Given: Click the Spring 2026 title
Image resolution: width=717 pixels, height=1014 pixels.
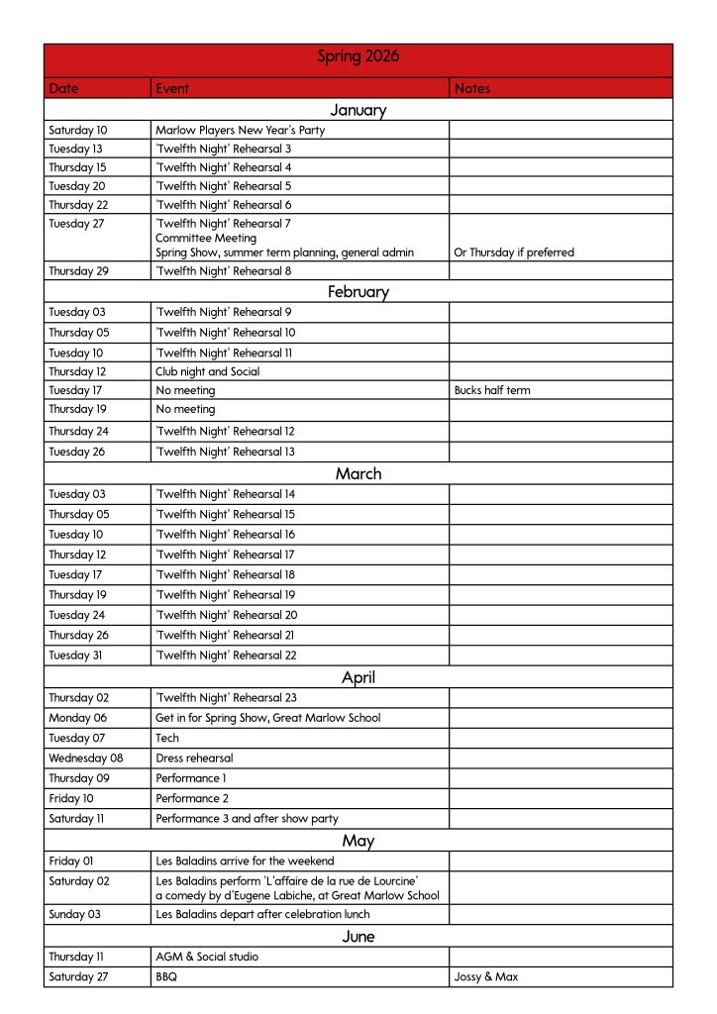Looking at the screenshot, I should pyautogui.click(x=358, y=57).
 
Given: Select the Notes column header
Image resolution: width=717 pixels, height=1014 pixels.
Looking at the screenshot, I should pyautogui.click(x=472, y=88).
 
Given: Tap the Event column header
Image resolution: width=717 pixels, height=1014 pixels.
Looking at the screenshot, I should pyautogui.click(x=171, y=88).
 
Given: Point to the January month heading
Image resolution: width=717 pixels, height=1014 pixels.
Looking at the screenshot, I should pyautogui.click(x=358, y=110).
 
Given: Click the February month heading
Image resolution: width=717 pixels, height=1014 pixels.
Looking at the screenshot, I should pyautogui.click(x=358, y=291).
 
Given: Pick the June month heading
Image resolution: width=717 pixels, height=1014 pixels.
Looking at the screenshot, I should pyautogui.click(x=358, y=936).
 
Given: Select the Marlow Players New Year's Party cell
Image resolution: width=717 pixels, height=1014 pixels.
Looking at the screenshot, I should pyautogui.click(x=240, y=130).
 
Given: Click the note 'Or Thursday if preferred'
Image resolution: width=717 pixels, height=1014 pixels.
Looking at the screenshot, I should pyautogui.click(x=513, y=253).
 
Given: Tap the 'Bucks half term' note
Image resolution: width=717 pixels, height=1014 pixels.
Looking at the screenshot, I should pyautogui.click(x=491, y=390).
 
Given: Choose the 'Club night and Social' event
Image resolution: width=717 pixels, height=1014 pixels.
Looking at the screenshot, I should pyautogui.click(x=207, y=371).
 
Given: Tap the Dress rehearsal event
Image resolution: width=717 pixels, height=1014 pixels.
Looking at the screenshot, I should pyautogui.click(x=194, y=759).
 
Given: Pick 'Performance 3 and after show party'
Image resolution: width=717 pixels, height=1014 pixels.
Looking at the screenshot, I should pyautogui.click(x=247, y=819).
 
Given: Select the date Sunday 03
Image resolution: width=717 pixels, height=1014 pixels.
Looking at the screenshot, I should pyautogui.click(x=74, y=914).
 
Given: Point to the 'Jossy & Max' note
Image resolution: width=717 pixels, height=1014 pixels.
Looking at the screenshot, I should pyautogui.click(x=485, y=977).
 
